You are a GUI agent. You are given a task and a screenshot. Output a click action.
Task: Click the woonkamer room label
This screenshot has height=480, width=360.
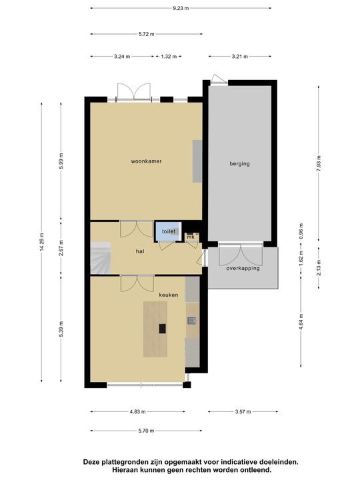click(146, 161)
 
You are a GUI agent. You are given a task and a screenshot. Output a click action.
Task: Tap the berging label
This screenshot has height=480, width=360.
click(240, 164)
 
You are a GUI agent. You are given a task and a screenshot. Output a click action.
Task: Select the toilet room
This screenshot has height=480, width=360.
click(169, 231)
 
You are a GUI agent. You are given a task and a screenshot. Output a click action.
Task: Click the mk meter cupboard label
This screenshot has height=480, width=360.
click(191, 237)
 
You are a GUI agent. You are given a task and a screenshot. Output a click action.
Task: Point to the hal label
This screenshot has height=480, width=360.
click(140, 251)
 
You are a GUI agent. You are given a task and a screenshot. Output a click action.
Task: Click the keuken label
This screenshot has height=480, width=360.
click(169, 295)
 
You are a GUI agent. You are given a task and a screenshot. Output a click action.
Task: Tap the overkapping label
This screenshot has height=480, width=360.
click(243, 269)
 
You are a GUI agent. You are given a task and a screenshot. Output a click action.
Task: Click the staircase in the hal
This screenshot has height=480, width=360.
click(101, 258)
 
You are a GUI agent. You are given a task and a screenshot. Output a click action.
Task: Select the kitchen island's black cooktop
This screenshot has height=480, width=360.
click(162, 329)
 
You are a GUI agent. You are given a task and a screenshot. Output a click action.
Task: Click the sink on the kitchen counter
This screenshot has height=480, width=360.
click(192, 321)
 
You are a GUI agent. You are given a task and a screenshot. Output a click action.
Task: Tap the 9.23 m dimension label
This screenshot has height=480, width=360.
click(181, 8)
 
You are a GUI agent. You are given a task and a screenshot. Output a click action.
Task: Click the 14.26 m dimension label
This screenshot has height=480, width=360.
click(41, 242)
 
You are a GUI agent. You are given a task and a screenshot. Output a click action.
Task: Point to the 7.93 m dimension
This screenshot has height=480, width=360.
click(319, 164)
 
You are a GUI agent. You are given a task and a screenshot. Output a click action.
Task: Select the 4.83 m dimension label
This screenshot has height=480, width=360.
click(137, 412)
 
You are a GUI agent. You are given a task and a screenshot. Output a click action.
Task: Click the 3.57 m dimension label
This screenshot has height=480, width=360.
click(243, 412)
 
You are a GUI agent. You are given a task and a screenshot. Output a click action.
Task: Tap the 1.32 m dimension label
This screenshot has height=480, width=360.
click(169, 56)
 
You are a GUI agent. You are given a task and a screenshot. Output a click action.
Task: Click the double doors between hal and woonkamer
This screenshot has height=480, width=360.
click(137, 229)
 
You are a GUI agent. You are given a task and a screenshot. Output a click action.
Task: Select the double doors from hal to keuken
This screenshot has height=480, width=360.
click(137, 283)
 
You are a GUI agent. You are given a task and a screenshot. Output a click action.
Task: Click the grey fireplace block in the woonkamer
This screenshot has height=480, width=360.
click(197, 161)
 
